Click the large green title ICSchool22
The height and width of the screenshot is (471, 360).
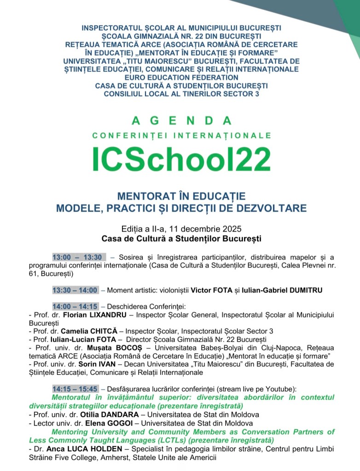181,159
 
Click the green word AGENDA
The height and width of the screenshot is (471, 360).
181,121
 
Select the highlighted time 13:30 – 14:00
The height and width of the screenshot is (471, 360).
75,290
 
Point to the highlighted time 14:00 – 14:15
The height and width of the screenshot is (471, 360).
75,306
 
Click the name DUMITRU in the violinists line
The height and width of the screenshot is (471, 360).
304,290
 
